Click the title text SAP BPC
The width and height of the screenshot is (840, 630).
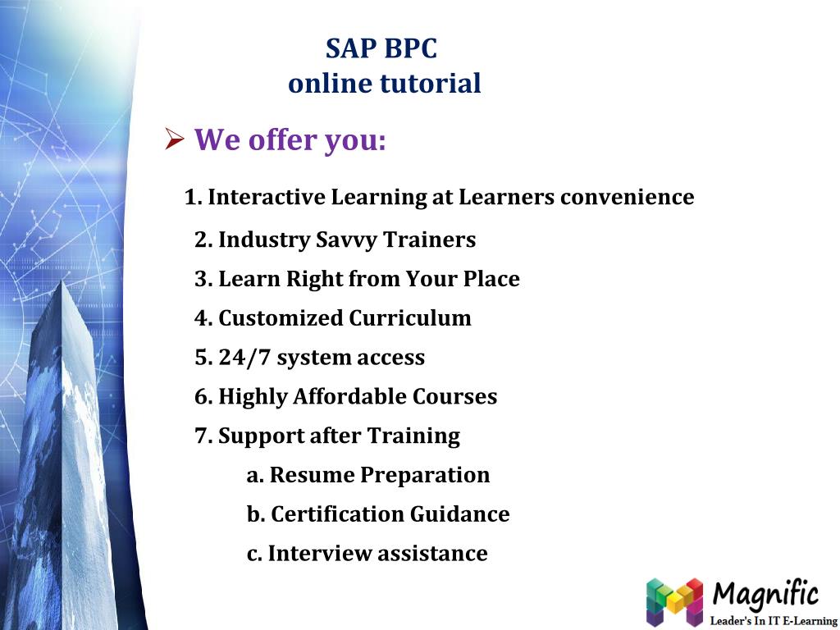tap(381, 48)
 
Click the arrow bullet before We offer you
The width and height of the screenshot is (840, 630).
tap(174, 141)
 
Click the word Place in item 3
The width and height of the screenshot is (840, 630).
tap(491, 280)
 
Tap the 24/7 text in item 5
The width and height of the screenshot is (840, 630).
tap(244, 358)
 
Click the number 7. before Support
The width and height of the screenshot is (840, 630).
tap(203, 436)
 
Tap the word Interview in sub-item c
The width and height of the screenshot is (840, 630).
tap(320, 554)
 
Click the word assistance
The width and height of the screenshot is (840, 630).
tap(432, 554)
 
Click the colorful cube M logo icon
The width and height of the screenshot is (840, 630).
tap(674, 601)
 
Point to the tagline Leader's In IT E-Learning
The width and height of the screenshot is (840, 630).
tap(773, 621)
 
